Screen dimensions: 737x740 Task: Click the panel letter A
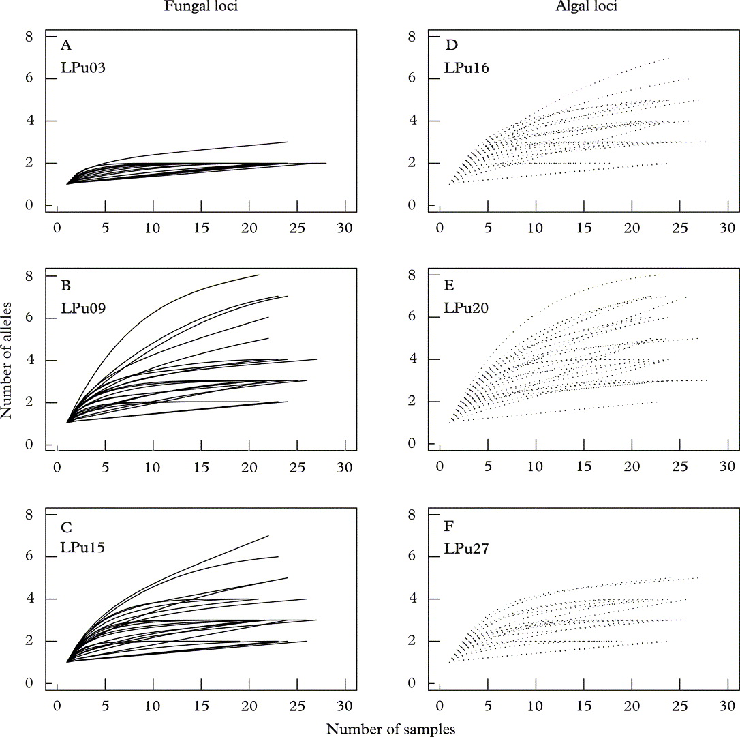(65, 46)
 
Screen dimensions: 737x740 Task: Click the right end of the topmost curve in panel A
(288, 142)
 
